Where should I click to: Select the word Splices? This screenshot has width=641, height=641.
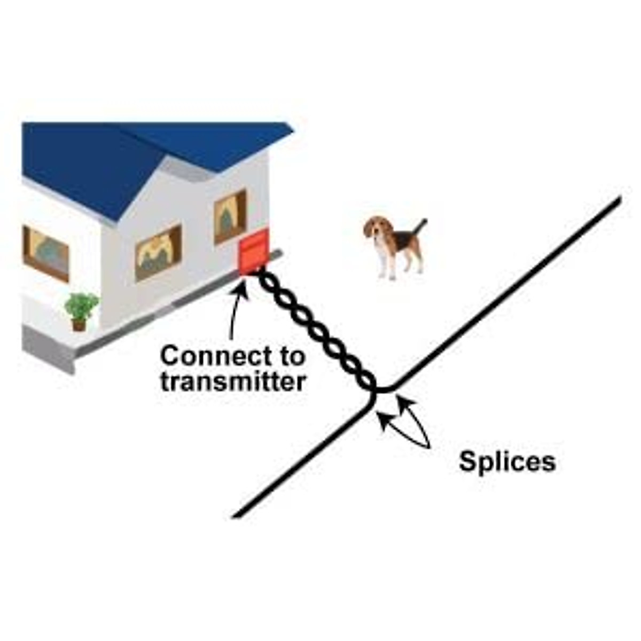tap(507, 462)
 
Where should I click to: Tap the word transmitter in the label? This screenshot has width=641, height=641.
tap(233, 382)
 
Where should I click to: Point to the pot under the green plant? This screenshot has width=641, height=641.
tap(79, 324)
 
